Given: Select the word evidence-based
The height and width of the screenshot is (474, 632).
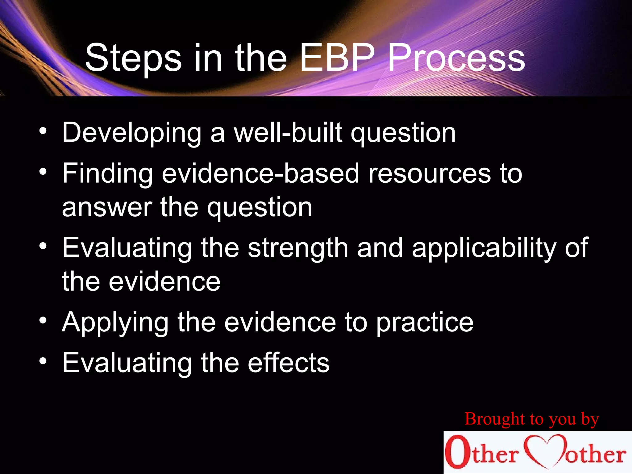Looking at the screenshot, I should coord(260,173).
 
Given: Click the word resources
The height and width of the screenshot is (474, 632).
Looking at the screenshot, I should coord(429,174).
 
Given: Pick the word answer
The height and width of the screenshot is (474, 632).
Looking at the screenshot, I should coord(107,208).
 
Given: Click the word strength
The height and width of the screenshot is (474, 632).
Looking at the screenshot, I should coord(298,249).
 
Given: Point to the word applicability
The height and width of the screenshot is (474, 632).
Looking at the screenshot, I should coord(484,249).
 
